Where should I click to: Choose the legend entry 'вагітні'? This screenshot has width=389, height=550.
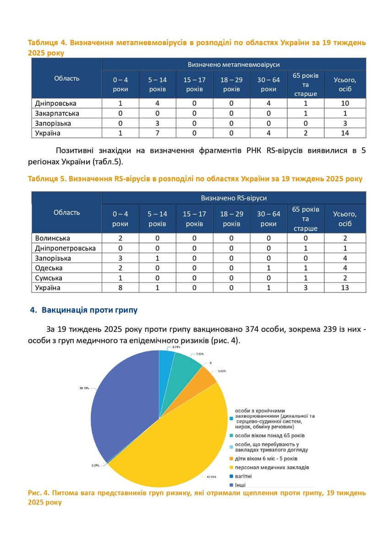243,476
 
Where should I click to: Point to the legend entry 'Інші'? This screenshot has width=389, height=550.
241,485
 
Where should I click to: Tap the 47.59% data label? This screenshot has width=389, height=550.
211,477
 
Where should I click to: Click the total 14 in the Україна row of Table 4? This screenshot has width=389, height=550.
345,133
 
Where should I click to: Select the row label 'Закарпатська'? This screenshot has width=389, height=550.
57,113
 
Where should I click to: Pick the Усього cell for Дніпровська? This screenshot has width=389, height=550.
345,103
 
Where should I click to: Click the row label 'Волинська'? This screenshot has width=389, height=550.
52,238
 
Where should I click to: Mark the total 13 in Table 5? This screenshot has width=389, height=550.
345,288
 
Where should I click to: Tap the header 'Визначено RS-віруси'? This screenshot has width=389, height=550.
234,198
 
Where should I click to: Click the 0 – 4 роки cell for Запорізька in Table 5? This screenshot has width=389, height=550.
120,258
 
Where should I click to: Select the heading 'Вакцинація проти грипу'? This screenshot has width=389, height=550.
89,310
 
